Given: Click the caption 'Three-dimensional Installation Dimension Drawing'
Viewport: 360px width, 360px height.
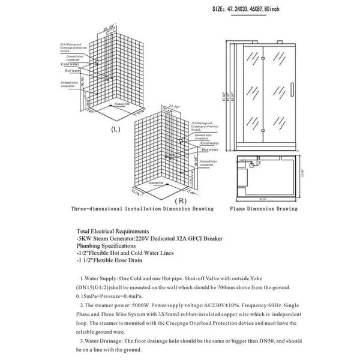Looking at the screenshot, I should click(141, 209).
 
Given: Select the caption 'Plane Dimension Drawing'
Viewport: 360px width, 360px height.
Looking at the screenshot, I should click(263, 209).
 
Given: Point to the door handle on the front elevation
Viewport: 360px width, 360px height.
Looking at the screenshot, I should click(290, 87).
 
